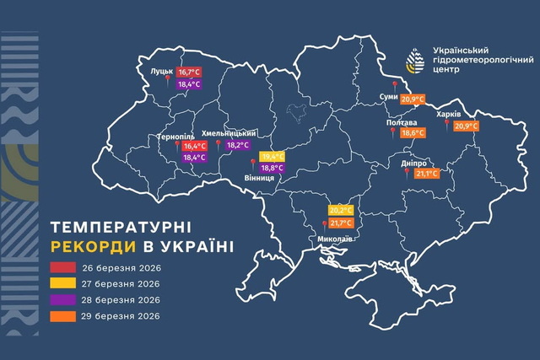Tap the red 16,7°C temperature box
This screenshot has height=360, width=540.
189,73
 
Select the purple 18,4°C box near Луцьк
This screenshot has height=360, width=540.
189,85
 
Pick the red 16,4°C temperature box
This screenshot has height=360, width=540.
194,146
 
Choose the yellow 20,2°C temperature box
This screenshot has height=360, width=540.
341,211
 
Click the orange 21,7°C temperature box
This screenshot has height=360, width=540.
341,223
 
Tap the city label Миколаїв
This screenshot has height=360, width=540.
336,239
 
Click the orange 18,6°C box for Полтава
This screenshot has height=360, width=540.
413,133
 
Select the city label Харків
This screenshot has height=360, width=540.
448,115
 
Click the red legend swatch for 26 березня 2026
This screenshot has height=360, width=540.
67,266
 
